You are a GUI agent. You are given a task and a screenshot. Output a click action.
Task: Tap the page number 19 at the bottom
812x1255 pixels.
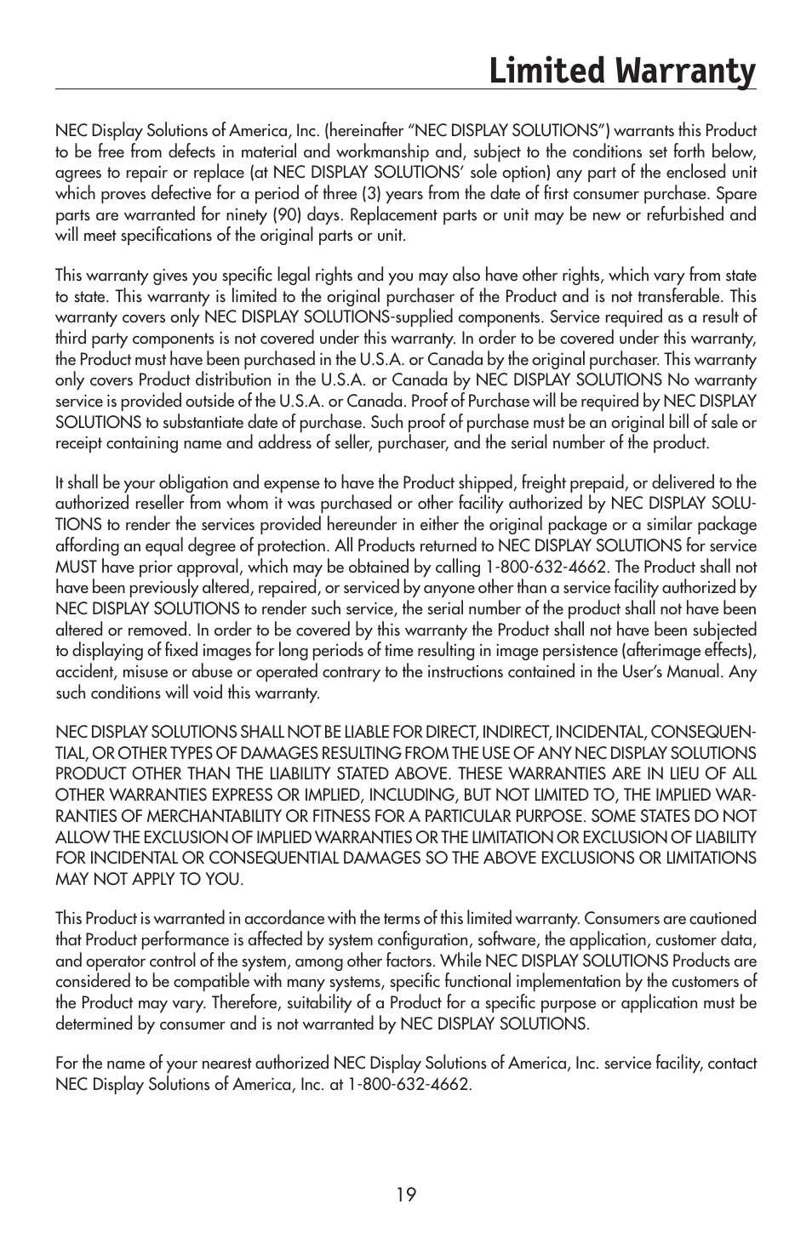click(406, 1195)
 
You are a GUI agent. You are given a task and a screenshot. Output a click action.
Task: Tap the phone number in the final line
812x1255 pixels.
click(409, 1084)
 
